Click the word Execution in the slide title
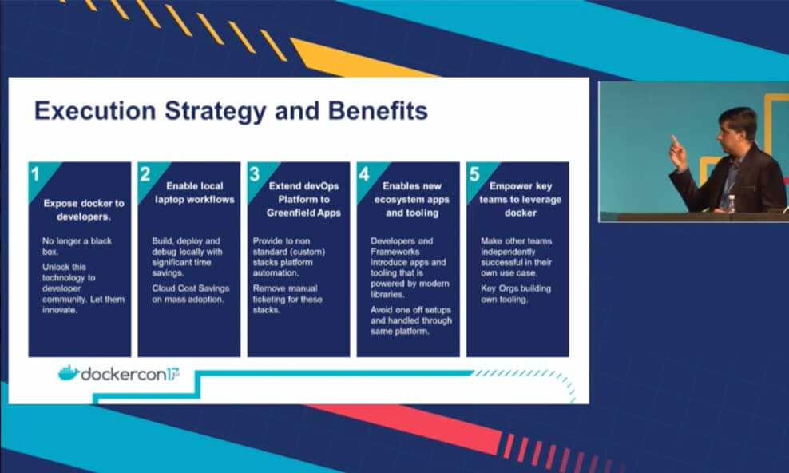(95, 111)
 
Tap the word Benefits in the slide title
(378, 111)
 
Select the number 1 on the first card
(35, 175)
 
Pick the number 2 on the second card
(145, 175)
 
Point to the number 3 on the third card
(255, 175)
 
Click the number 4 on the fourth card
(364, 175)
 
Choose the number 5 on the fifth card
(474, 175)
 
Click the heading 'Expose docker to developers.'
(84, 210)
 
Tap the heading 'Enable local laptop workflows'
(195, 193)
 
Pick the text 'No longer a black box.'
(77, 247)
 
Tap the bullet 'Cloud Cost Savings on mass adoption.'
(191, 294)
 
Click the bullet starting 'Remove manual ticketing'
(287, 299)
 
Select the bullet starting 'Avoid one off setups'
(411, 320)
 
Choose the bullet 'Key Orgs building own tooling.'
(516, 294)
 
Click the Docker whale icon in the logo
(69, 373)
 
